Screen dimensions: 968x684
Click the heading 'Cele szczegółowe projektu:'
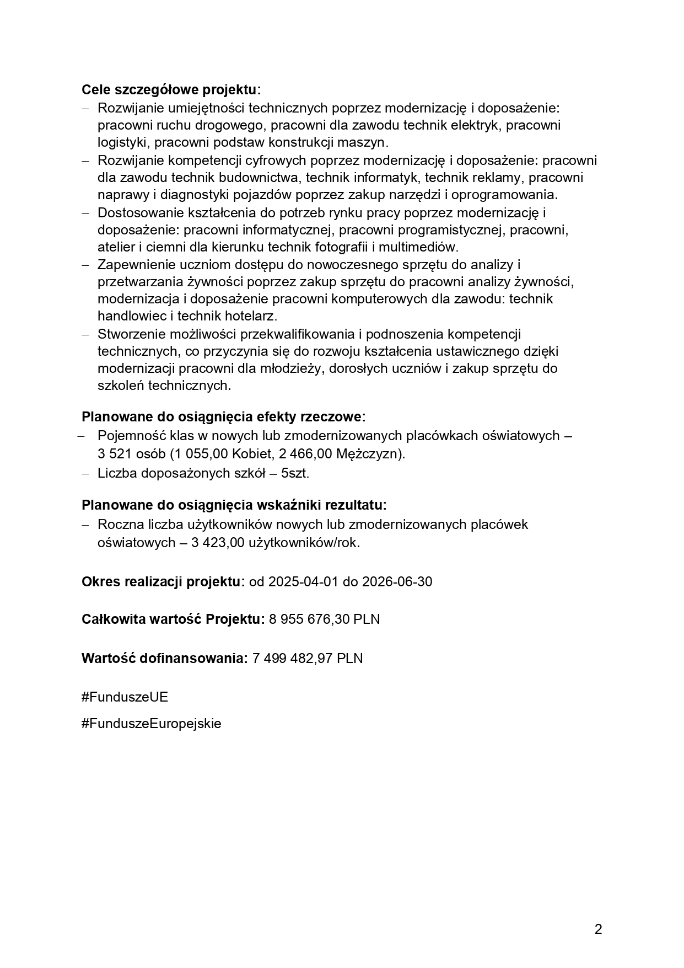(x=171, y=89)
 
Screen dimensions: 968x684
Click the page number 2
(x=599, y=929)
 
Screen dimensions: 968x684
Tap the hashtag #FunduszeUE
(x=125, y=697)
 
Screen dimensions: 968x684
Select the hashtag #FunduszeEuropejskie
(x=151, y=723)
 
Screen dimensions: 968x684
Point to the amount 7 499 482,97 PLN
(x=308, y=658)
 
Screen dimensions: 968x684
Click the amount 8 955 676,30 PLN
(x=325, y=619)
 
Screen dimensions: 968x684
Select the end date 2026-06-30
(x=397, y=581)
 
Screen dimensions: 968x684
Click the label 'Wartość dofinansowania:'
(x=164, y=658)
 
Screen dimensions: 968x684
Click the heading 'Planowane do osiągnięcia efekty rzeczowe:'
(x=223, y=416)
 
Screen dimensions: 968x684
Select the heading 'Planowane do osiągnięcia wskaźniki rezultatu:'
(x=234, y=505)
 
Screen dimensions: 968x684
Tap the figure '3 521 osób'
(x=131, y=454)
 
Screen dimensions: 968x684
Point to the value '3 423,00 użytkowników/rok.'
(x=276, y=542)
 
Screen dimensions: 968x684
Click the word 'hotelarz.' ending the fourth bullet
(x=251, y=316)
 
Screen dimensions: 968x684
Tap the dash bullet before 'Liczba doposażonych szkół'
(x=85, y=473)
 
